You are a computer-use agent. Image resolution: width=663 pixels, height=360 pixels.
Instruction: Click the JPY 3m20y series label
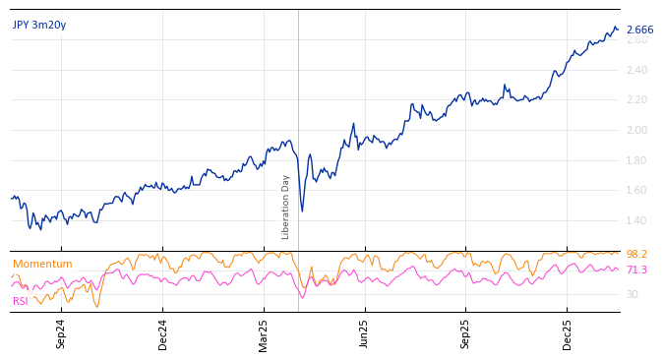point(39,26)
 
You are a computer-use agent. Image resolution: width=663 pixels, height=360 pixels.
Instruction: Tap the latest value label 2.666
point(639,30)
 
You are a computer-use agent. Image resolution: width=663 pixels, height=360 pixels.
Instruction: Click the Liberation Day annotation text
point(286,207)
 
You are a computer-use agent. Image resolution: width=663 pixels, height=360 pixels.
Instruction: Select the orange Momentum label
point(42,265)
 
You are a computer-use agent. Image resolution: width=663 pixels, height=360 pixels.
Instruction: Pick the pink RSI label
point(21,302)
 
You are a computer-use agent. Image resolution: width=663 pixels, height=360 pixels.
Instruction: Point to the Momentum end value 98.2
point(636,255)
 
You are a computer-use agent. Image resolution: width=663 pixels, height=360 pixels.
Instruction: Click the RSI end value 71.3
point(636,270)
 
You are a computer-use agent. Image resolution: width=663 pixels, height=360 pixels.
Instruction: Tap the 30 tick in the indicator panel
point(633,294)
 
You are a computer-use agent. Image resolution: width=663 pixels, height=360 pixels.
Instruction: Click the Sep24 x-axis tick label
point(61,333)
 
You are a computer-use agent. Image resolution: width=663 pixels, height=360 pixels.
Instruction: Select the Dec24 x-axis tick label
point(162,333)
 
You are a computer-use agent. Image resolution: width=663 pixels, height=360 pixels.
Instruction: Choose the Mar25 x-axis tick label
point(264,333)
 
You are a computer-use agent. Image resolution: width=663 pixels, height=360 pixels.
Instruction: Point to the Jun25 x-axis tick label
point(365,333)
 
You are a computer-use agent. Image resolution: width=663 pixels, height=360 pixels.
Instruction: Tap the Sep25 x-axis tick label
point(466,333)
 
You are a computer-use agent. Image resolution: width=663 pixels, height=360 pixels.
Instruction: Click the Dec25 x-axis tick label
point(568,333)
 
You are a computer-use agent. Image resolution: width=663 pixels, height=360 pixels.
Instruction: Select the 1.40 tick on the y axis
point(636,220)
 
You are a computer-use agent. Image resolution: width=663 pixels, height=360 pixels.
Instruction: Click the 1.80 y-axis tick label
point(636,160)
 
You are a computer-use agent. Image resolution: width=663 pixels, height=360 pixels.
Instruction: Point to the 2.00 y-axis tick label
point(636,130)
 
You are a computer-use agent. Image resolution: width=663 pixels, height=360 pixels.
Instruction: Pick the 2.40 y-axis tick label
point(636,70)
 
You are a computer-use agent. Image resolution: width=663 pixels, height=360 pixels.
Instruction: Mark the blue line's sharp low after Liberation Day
point(302,210)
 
